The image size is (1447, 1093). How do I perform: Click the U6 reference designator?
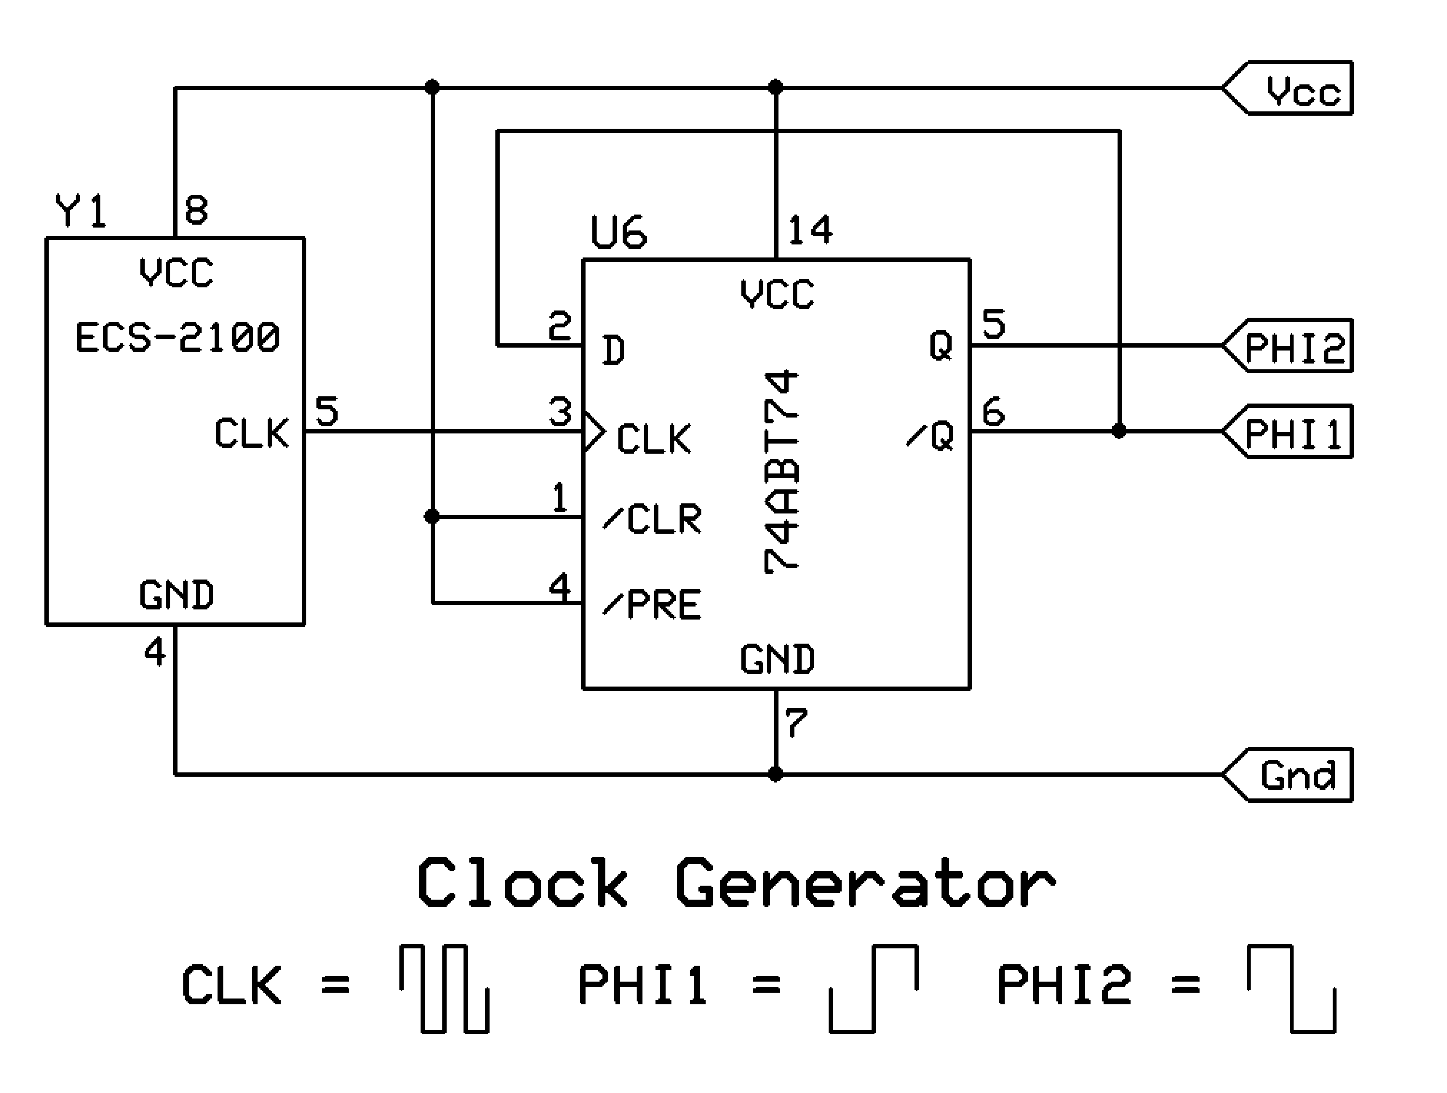tap(618, 232)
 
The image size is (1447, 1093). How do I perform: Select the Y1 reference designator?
tap(81, 211)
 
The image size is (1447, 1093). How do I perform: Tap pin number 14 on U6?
tap(810, 230)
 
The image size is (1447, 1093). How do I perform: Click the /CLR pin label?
tap(652, 519)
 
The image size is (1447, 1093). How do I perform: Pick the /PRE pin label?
tap(652, 604)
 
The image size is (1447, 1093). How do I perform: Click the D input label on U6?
tap(614, 351)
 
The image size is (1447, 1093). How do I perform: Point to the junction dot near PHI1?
tap(1119, 432)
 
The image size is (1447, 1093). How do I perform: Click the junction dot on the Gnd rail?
tap(775, 775)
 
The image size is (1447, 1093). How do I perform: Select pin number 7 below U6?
tap(797, 724)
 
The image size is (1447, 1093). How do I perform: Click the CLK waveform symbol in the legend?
tap(445, 988)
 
